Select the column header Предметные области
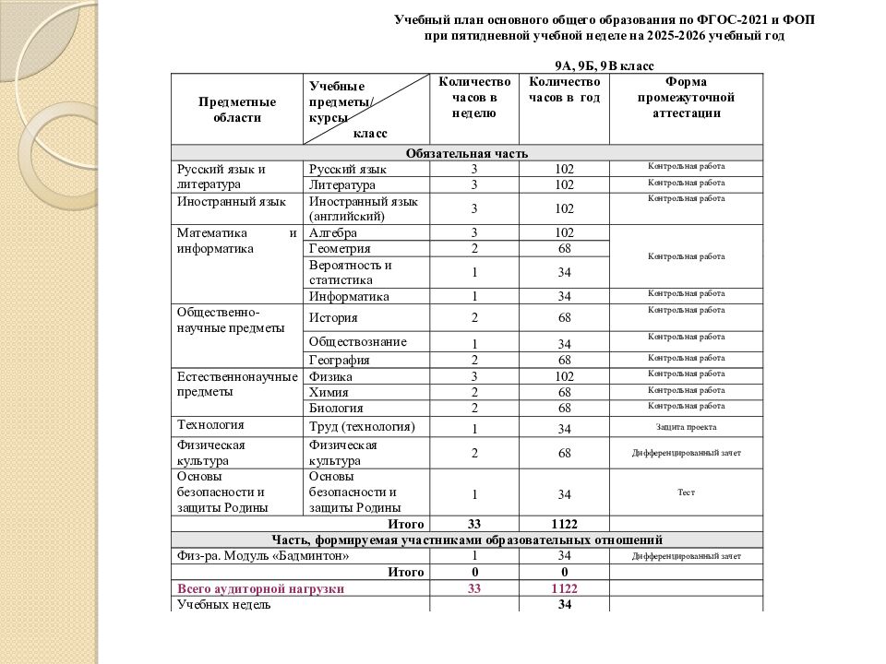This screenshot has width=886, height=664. pyautogui.click(x=237, y=110)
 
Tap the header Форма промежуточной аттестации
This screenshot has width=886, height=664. pyautogui.click(x=686, y=97)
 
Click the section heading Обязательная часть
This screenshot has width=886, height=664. pyautogui.click(x=466, y=153)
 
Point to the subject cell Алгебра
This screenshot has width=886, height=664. pyautogui.click(x=334, y=232)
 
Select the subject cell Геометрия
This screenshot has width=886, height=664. pyautogui.click(x=341, y=248)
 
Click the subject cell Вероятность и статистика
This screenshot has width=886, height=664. pyautogui.click(x=351, y=272)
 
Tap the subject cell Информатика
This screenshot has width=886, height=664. pyautogui.click(x=349, y=296)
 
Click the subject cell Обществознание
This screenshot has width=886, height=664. pyautogui.click(x=358, y=341)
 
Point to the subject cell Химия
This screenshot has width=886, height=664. pyautogui.click(x=329, y=392)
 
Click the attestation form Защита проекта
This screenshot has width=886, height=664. pyautogui.click(x=686, y=427)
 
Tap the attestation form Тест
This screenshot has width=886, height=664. pyautogui.click(x=686, y=492)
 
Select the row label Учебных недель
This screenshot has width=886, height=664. pyautogui.click(x=223, y=604)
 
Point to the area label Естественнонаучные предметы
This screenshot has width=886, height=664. pyautogui.click(x=237, y=384)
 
